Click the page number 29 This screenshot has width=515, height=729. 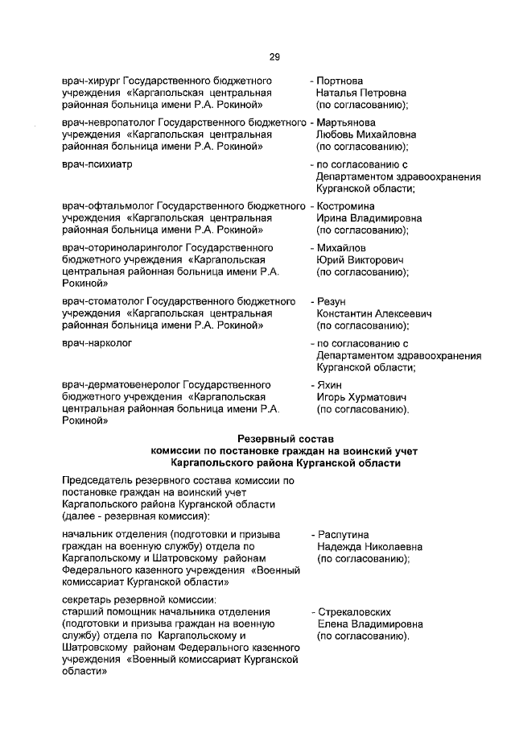pos(274,56)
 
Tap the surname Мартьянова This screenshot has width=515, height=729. pos(347,122)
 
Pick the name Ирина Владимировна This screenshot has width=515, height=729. pos(366,218)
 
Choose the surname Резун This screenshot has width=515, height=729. pos(332,301)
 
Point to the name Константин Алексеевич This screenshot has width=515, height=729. pos(374,313)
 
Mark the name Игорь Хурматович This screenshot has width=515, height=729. pos(361,397)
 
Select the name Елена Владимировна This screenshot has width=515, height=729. pos(366,623)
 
